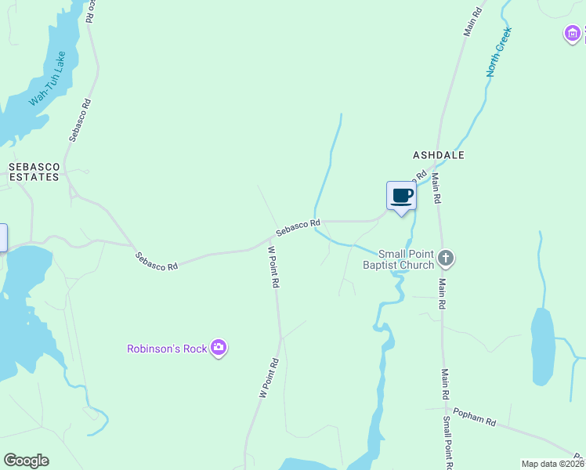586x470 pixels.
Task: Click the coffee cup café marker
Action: (x=401, y=196)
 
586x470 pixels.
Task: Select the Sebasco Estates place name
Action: (x=34, y=172)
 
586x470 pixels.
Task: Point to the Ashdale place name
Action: (x=439, y=155)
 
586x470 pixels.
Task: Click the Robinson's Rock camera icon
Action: (x=219, y=348)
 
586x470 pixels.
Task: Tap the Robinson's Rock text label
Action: (x=167, y=349)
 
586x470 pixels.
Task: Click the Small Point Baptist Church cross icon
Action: (x=445, y=258)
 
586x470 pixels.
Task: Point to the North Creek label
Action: (x=498, y=52)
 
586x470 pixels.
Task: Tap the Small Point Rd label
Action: (x=447, y=443)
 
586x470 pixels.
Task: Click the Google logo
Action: (x=26, y=461)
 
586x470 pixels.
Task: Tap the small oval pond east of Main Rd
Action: (x=542, y=346)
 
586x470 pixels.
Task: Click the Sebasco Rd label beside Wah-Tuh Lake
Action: (x=80, y=119)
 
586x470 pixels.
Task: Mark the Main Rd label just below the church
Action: (x=442, y=293)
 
